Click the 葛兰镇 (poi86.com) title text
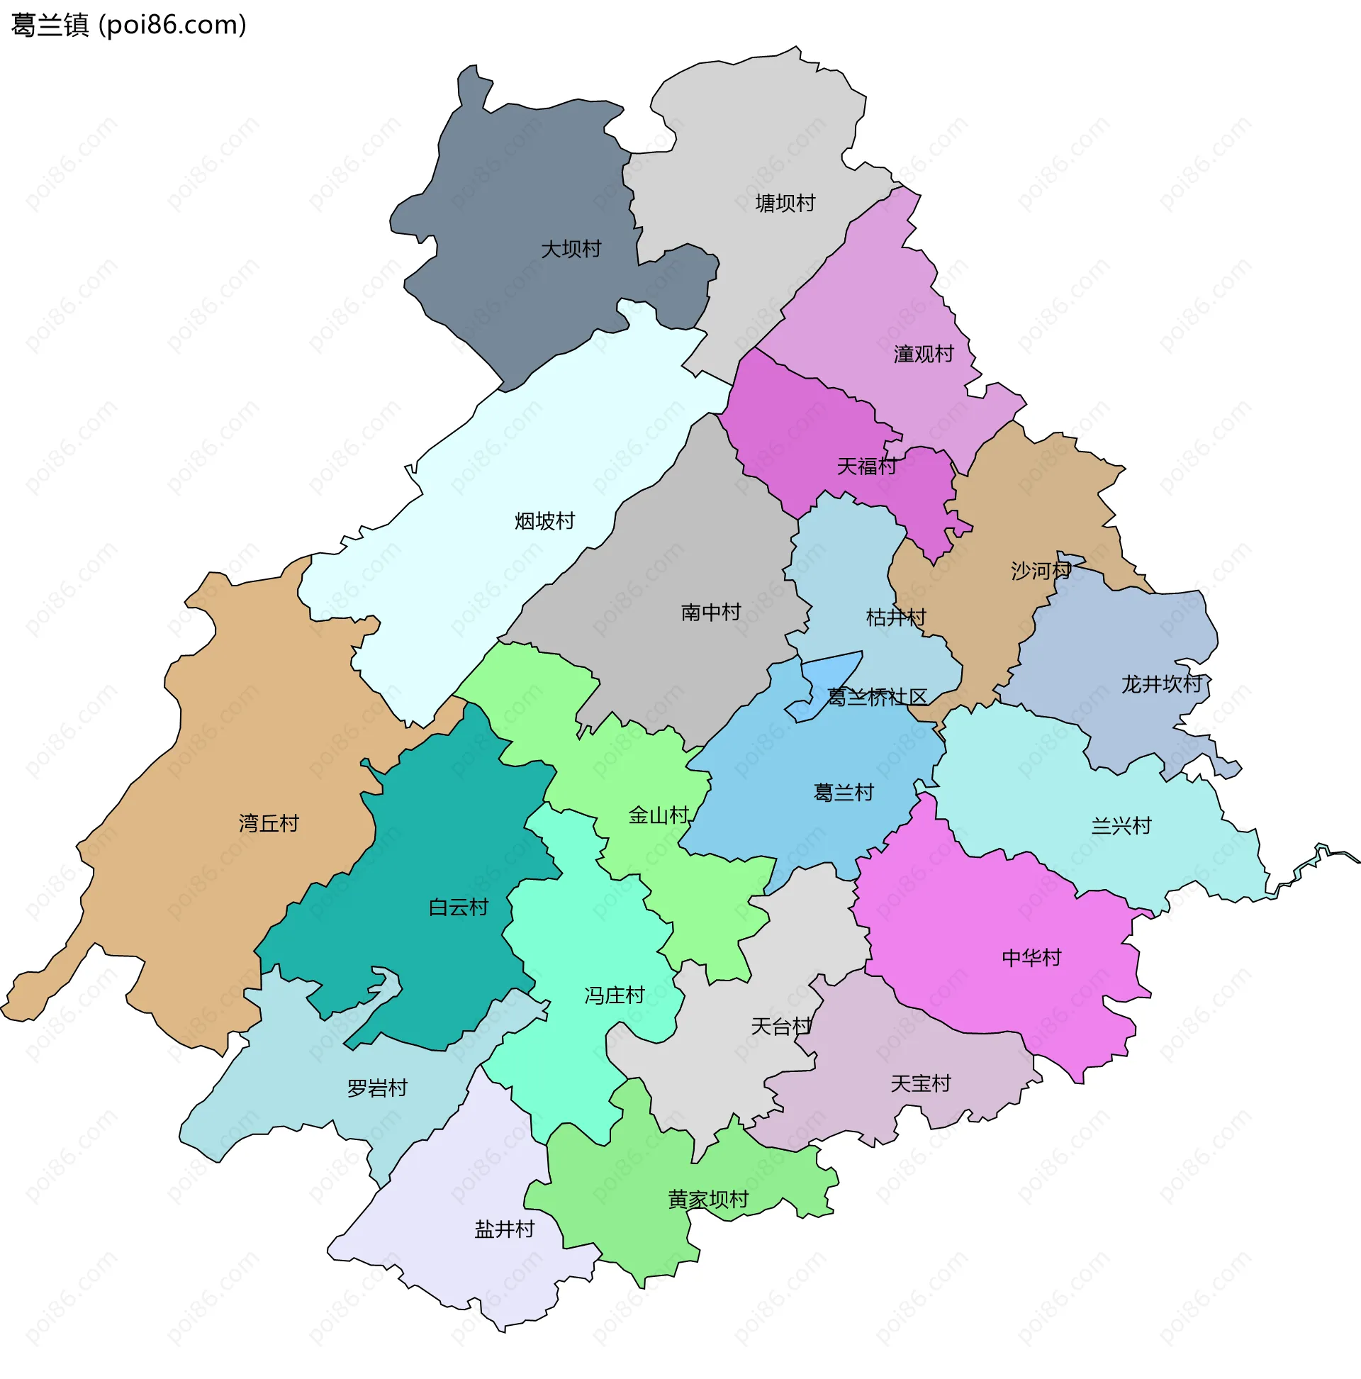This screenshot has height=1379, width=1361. [129, 25]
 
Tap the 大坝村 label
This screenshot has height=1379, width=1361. [571, 249]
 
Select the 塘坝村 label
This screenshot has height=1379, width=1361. [785, 203]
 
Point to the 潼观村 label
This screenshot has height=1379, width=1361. [924, 354]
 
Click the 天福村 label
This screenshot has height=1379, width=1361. [866, 467]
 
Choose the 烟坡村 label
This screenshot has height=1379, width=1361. [544, 521]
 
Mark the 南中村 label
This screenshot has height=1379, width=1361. [711, 613]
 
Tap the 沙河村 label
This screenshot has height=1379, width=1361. [1041, 571]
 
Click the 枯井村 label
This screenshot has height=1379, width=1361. [896, 618]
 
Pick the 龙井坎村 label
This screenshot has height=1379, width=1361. [1162, 684]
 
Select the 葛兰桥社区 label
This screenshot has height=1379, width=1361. [877, 698]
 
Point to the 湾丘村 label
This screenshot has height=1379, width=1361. [269, 824]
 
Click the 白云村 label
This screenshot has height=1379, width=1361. [458, 908]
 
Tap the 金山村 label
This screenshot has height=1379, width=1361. [658, 815]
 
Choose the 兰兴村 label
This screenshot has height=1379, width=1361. [1121, 827]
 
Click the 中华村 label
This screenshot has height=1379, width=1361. [1031, 958]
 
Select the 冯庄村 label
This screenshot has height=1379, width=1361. [615, 995]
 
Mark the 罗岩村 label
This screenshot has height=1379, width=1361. [377, 1088]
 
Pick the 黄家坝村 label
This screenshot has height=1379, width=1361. [708, 1200]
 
